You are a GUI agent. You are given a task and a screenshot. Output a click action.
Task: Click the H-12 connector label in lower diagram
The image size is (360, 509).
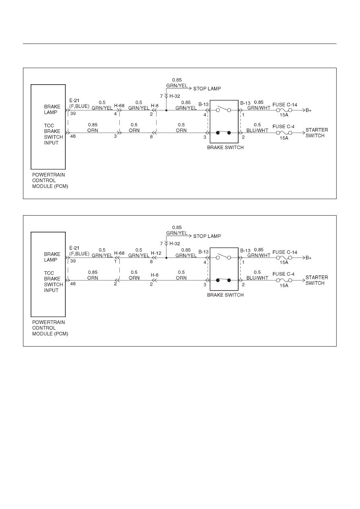point(156,253)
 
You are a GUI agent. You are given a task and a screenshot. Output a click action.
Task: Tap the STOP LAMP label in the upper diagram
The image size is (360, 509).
point(207,89)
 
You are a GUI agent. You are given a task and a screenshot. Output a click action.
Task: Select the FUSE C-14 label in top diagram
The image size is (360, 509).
point(285,105)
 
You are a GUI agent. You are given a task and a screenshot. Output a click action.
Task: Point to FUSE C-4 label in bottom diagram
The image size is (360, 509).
point(283,274)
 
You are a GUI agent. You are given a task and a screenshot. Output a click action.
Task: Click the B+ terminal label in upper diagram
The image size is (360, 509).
point(308,110)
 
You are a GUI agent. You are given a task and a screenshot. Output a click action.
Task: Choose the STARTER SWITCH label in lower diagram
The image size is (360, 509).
point(316,280)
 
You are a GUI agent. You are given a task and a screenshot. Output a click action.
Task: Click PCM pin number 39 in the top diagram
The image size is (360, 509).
point(73,113)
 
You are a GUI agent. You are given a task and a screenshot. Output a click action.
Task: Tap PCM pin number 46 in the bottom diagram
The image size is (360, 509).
point(73,284)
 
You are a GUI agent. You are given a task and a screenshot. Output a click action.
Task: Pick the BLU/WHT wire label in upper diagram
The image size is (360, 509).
point(257,131)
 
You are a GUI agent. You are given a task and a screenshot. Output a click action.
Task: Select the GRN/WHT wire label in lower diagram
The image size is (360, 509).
point(259,256)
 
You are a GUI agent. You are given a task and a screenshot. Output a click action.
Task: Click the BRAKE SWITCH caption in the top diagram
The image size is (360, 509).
point(225,148)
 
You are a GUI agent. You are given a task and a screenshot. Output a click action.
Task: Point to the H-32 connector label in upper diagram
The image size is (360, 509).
point(175,96)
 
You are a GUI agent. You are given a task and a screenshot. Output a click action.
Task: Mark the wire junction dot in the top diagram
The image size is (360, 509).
point(166,110)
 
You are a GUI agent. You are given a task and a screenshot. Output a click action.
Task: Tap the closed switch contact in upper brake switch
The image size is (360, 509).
point(223,133)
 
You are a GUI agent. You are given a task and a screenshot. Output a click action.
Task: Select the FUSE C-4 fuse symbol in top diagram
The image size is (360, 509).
point(284,133)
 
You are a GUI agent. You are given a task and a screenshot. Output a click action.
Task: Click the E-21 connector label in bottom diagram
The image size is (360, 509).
point(74,248)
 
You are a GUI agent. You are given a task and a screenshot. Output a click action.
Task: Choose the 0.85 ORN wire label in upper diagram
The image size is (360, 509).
point(93,128)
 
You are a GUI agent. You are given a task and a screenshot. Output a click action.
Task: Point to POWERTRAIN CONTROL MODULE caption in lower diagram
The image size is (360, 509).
point(50,328)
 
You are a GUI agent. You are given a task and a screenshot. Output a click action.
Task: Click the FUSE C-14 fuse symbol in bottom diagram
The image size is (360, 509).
point(284,258)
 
